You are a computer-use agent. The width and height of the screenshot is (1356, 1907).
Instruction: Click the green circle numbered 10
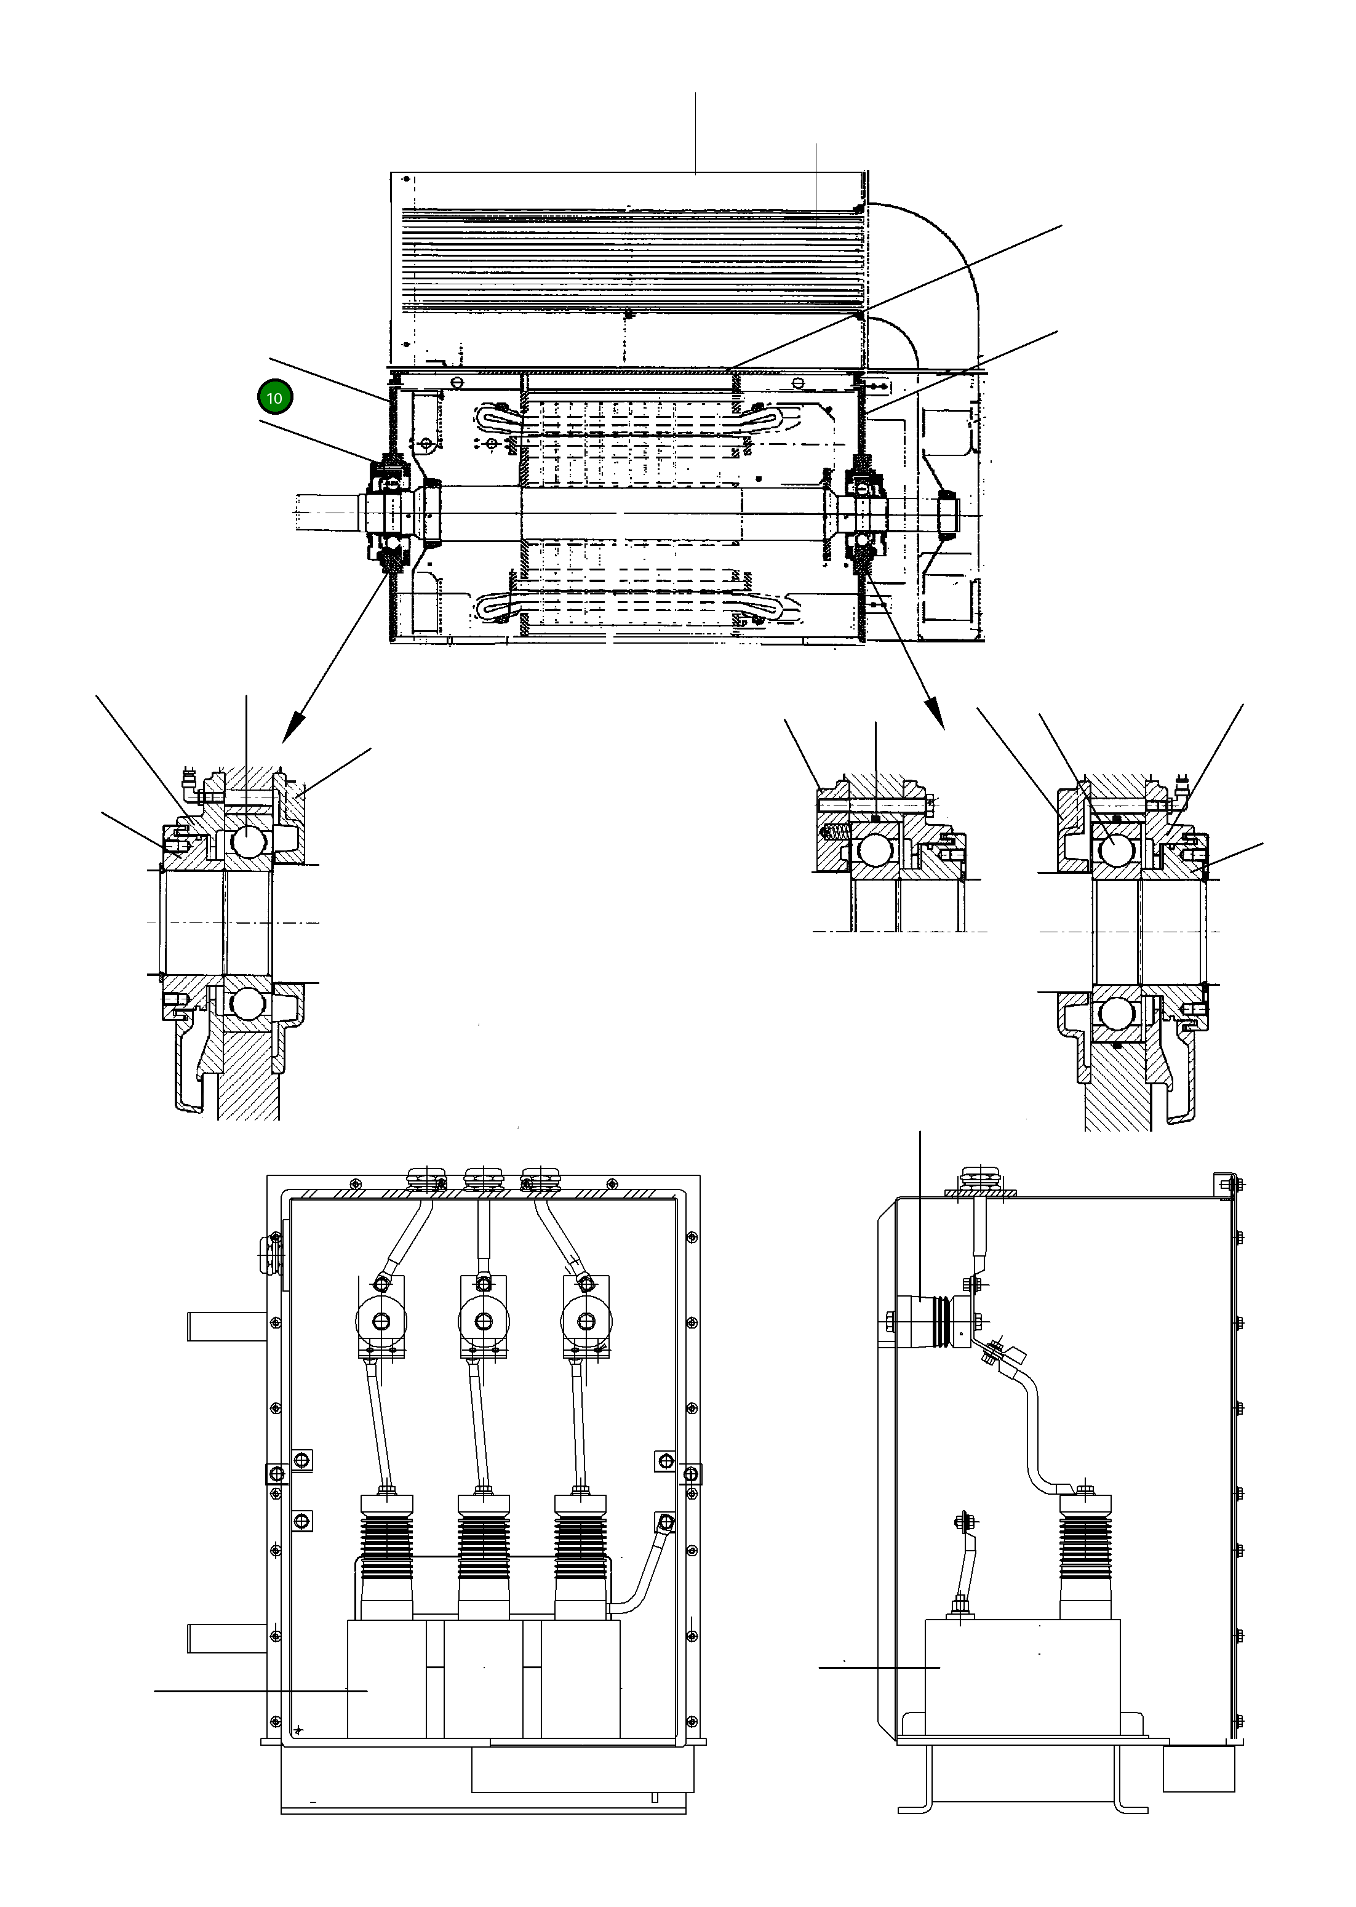274,398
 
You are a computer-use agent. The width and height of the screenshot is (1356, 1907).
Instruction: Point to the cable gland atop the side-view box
980,1180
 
